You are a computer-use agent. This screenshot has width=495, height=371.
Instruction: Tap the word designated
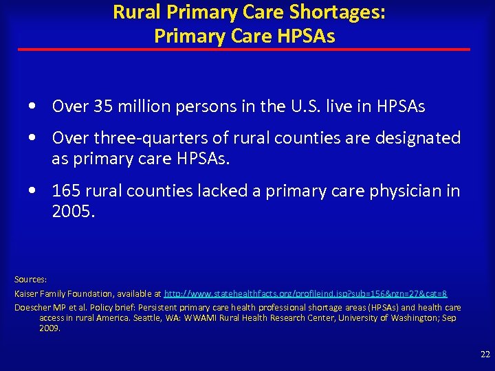click(417, 138)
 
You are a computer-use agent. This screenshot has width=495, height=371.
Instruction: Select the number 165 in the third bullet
click(67, 191)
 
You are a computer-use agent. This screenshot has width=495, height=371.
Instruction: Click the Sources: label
click(30, 280)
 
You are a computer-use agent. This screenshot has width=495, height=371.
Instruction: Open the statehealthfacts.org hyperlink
click(306, 294)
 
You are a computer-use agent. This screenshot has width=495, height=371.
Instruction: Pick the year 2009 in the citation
click(49, 328)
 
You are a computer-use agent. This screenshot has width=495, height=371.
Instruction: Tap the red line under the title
click(244, 49)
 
